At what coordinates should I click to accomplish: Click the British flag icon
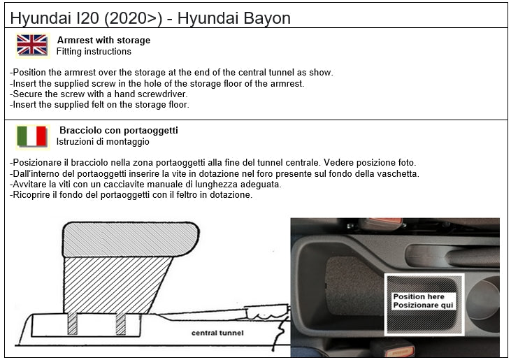[x=32, y=45]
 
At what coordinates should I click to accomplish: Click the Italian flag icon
[x=32, y=136]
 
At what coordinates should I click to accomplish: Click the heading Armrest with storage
[x=103, y=41]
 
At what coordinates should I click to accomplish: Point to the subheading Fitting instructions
[x=94, y=52]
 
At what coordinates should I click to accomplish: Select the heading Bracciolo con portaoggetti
[x=118, y=130]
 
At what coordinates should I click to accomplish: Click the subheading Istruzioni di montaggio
[x=103, y=142]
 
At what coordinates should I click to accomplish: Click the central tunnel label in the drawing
[x=217, y=333]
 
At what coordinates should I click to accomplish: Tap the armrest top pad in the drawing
[x=131, y=240]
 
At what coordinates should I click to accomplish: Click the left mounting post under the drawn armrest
[x=73, y=324]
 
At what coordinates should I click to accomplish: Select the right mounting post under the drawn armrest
[x=120, y=324]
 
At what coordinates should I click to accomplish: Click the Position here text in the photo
[x=419, y=297]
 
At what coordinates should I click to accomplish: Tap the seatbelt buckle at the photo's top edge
[x=380, y=224]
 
